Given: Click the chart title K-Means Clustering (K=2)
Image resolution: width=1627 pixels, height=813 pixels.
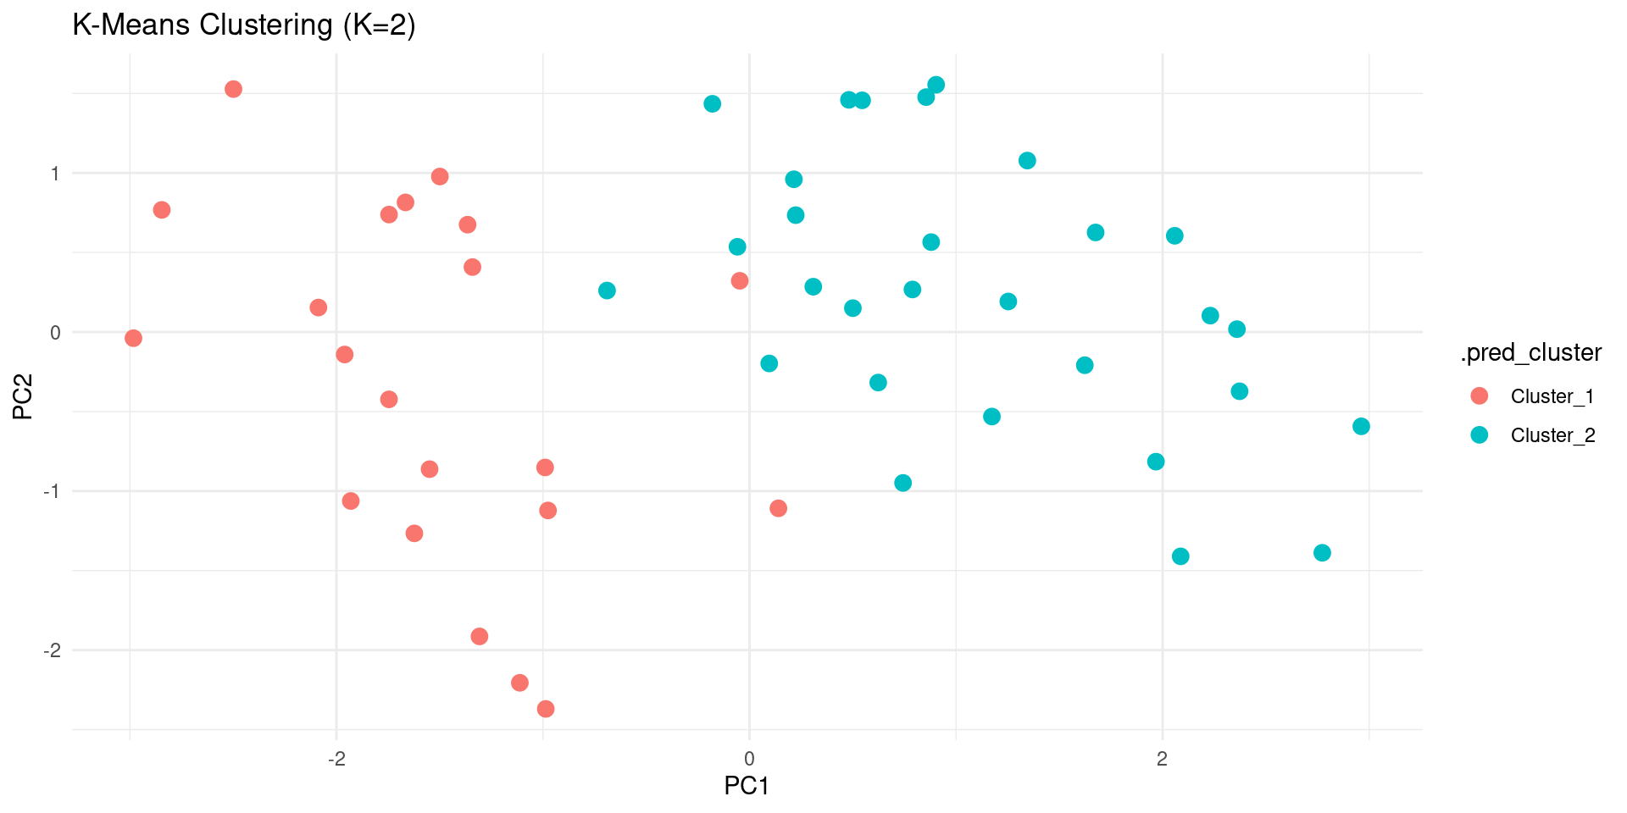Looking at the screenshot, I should click(x=244, y=25).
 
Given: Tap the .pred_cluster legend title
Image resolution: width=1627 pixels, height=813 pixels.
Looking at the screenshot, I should click(x=1530, y=352).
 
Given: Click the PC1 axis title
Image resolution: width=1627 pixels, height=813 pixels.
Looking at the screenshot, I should click(x=747, y=786).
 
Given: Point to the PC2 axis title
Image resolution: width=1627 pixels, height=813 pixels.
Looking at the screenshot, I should click(x=23, y=396).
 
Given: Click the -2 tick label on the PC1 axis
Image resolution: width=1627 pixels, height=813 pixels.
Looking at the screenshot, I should click(x=336, y=758).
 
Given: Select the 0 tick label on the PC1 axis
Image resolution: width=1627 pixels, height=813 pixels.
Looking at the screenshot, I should click(x=749, y=758).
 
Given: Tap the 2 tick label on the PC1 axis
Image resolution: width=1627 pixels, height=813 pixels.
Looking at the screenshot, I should click(x=1162, y=758).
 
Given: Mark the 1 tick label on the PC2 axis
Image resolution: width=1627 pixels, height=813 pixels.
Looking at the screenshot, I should click(x=55, y=174).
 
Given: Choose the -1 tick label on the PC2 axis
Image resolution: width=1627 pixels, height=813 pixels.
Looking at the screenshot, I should click(x=52, y=491).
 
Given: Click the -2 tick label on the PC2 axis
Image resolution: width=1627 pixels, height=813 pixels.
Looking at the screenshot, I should click(x=52, y=650).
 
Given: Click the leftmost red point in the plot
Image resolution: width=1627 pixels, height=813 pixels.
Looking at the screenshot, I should click(x=133, y=339).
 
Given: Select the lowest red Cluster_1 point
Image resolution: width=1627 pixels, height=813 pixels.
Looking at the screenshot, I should click(x=546, y=709).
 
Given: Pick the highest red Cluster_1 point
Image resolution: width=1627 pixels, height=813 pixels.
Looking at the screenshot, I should click(x=233, y=89).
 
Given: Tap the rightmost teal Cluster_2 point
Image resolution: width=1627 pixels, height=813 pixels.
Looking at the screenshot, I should click(x=1361, y=426).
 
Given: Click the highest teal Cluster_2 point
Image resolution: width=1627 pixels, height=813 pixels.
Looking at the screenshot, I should click(x=936, y=85).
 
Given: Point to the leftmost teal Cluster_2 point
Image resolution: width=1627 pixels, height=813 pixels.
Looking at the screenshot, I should click(x=607, y=290).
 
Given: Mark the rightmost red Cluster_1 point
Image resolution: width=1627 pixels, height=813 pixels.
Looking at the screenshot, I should click(x=778, y=508).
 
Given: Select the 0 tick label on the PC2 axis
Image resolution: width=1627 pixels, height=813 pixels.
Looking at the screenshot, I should click(x=55, y=332).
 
